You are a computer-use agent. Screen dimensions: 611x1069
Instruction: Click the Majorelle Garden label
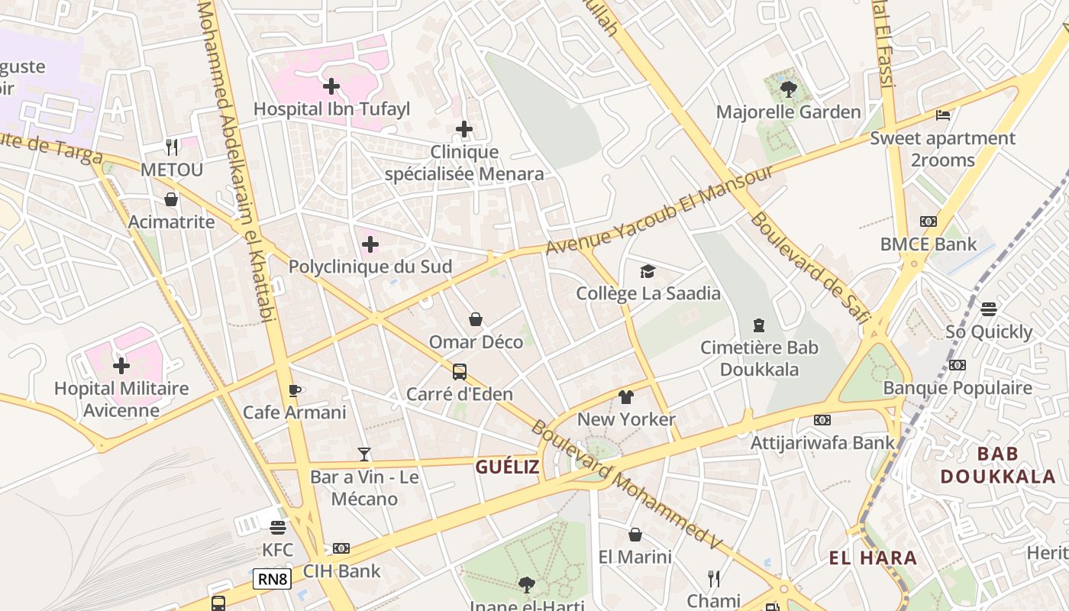click(788, 112)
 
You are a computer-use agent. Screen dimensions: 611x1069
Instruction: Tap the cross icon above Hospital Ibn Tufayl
click(331, 86)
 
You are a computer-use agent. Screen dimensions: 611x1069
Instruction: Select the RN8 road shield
click(273, 579)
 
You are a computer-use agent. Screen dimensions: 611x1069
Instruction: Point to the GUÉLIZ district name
click(507, 467)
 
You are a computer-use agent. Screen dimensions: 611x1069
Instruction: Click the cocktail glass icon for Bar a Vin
click(364, 454)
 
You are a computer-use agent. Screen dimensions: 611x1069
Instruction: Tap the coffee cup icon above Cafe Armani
click(295, 391)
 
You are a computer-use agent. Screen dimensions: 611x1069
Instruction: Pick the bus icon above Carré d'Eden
click(460, 372)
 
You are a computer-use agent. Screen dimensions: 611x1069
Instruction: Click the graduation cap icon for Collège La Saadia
click(648, 271)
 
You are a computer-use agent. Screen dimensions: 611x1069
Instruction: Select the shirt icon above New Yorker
click(626, 397)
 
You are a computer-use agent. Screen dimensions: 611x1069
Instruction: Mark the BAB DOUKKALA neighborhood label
click(997, 465)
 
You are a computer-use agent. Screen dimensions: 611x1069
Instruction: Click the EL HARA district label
click(873, 558)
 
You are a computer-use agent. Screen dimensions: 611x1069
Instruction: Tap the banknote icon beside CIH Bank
click(341, 548)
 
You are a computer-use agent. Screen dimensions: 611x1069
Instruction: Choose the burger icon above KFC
click(277, 528)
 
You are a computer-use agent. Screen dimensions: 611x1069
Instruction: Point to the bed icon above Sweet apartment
click(943, 115)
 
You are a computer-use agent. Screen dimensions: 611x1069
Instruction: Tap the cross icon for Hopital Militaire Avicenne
click(121, 366)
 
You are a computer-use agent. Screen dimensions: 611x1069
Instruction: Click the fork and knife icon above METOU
click(172, 147)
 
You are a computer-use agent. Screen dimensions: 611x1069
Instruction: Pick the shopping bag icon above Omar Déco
click(476, 319)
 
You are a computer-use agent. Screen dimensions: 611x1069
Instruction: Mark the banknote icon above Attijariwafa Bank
click(822, 420)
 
